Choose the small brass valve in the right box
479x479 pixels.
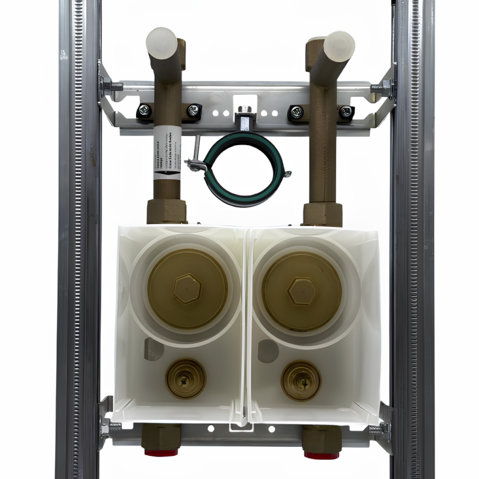click(x=300, y=381)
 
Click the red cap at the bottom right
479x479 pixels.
click(x=319, y=455)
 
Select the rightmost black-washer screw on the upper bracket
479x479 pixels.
click(x=346, y=112)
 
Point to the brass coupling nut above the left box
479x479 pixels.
click(x=166, y=211)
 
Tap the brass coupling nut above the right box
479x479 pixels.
click(x=322, y=214)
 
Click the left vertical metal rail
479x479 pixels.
click(x=78, y=257)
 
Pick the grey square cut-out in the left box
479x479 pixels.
click(x=153, y=349)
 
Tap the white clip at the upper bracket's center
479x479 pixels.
click(x=245, y=103)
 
